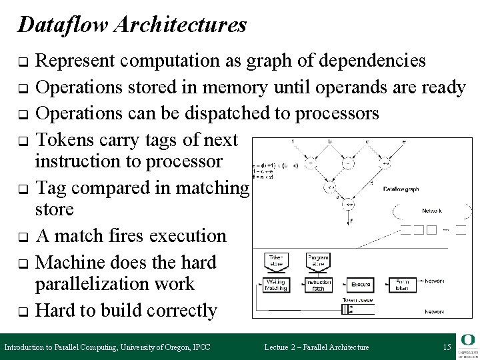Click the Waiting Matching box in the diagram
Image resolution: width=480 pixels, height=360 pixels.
[275, 285]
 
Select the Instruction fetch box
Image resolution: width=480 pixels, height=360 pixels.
[317, 285]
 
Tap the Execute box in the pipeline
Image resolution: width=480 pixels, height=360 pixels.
[361, 285]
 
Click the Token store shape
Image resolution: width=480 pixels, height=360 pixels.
[275, 259]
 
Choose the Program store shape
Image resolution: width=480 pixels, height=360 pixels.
[317, 259]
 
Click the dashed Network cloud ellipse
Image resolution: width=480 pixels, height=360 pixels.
[427, 210]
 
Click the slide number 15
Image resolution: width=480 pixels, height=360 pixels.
[446, 347]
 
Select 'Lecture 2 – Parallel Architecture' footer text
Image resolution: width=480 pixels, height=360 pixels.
[316, 347]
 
